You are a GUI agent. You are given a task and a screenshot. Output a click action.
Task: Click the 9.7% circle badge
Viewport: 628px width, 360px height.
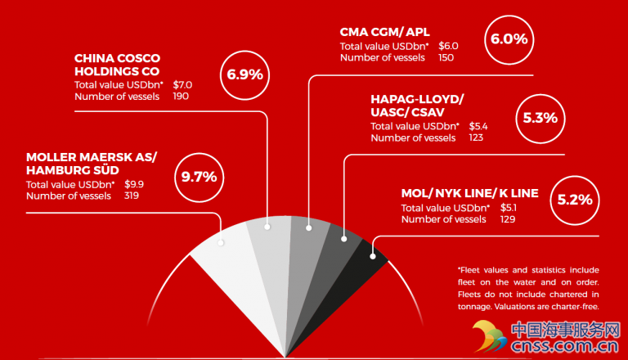pyautogui.click(x=199, y=178)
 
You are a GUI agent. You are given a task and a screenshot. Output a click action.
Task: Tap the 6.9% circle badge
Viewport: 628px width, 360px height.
pyautogui.click(x=244, y=75)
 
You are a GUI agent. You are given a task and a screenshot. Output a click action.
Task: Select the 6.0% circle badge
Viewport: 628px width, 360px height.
pyautogui.click(x=509, y=40)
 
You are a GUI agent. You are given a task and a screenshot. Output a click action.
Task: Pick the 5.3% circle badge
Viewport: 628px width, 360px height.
pyautogui.click(x=541, y=119)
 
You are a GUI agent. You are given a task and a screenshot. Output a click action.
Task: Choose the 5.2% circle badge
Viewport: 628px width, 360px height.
pyautogui.click(x=575, y=200)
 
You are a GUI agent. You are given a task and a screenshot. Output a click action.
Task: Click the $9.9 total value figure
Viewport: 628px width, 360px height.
pyautogui.click(x=134, y=184)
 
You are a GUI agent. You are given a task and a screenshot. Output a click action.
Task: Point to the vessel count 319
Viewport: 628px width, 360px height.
pyautogui.click(x=132, y=196)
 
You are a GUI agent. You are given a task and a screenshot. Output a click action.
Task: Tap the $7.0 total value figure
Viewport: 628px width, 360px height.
pyautogui.click(x=182, y=85)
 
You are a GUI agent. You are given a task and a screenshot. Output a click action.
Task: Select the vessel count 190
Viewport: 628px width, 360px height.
pyautogui.click(x=181, y=97)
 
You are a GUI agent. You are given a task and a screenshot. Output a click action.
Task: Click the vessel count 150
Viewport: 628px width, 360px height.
pyautogui.click(x=446, y=58)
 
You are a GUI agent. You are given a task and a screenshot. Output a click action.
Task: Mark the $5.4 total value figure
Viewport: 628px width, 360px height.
pyautogui.click(x=478, y=126)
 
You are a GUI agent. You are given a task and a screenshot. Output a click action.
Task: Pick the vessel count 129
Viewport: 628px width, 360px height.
pyautogui.click(x=508, y=219)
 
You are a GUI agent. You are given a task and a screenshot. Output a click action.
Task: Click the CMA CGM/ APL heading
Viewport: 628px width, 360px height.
pyautogui.click(x=384, y=32)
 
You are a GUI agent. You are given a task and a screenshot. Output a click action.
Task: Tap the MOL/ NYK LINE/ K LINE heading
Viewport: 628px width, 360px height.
pyautogui.click(x=470, y=193)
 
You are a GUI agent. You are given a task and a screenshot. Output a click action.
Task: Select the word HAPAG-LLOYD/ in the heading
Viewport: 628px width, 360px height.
pyautogui.click(x=417, y=99)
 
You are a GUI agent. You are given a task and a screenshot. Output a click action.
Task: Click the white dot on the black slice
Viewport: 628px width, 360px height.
pyautogui.click(x=373, y=256)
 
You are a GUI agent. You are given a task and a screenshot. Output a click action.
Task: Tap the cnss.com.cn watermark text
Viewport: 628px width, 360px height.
pyautogui.click(x=565, y=346)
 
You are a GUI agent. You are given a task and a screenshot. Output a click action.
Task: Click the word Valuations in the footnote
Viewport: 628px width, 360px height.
pyautogui.click(x=515, y=307)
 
